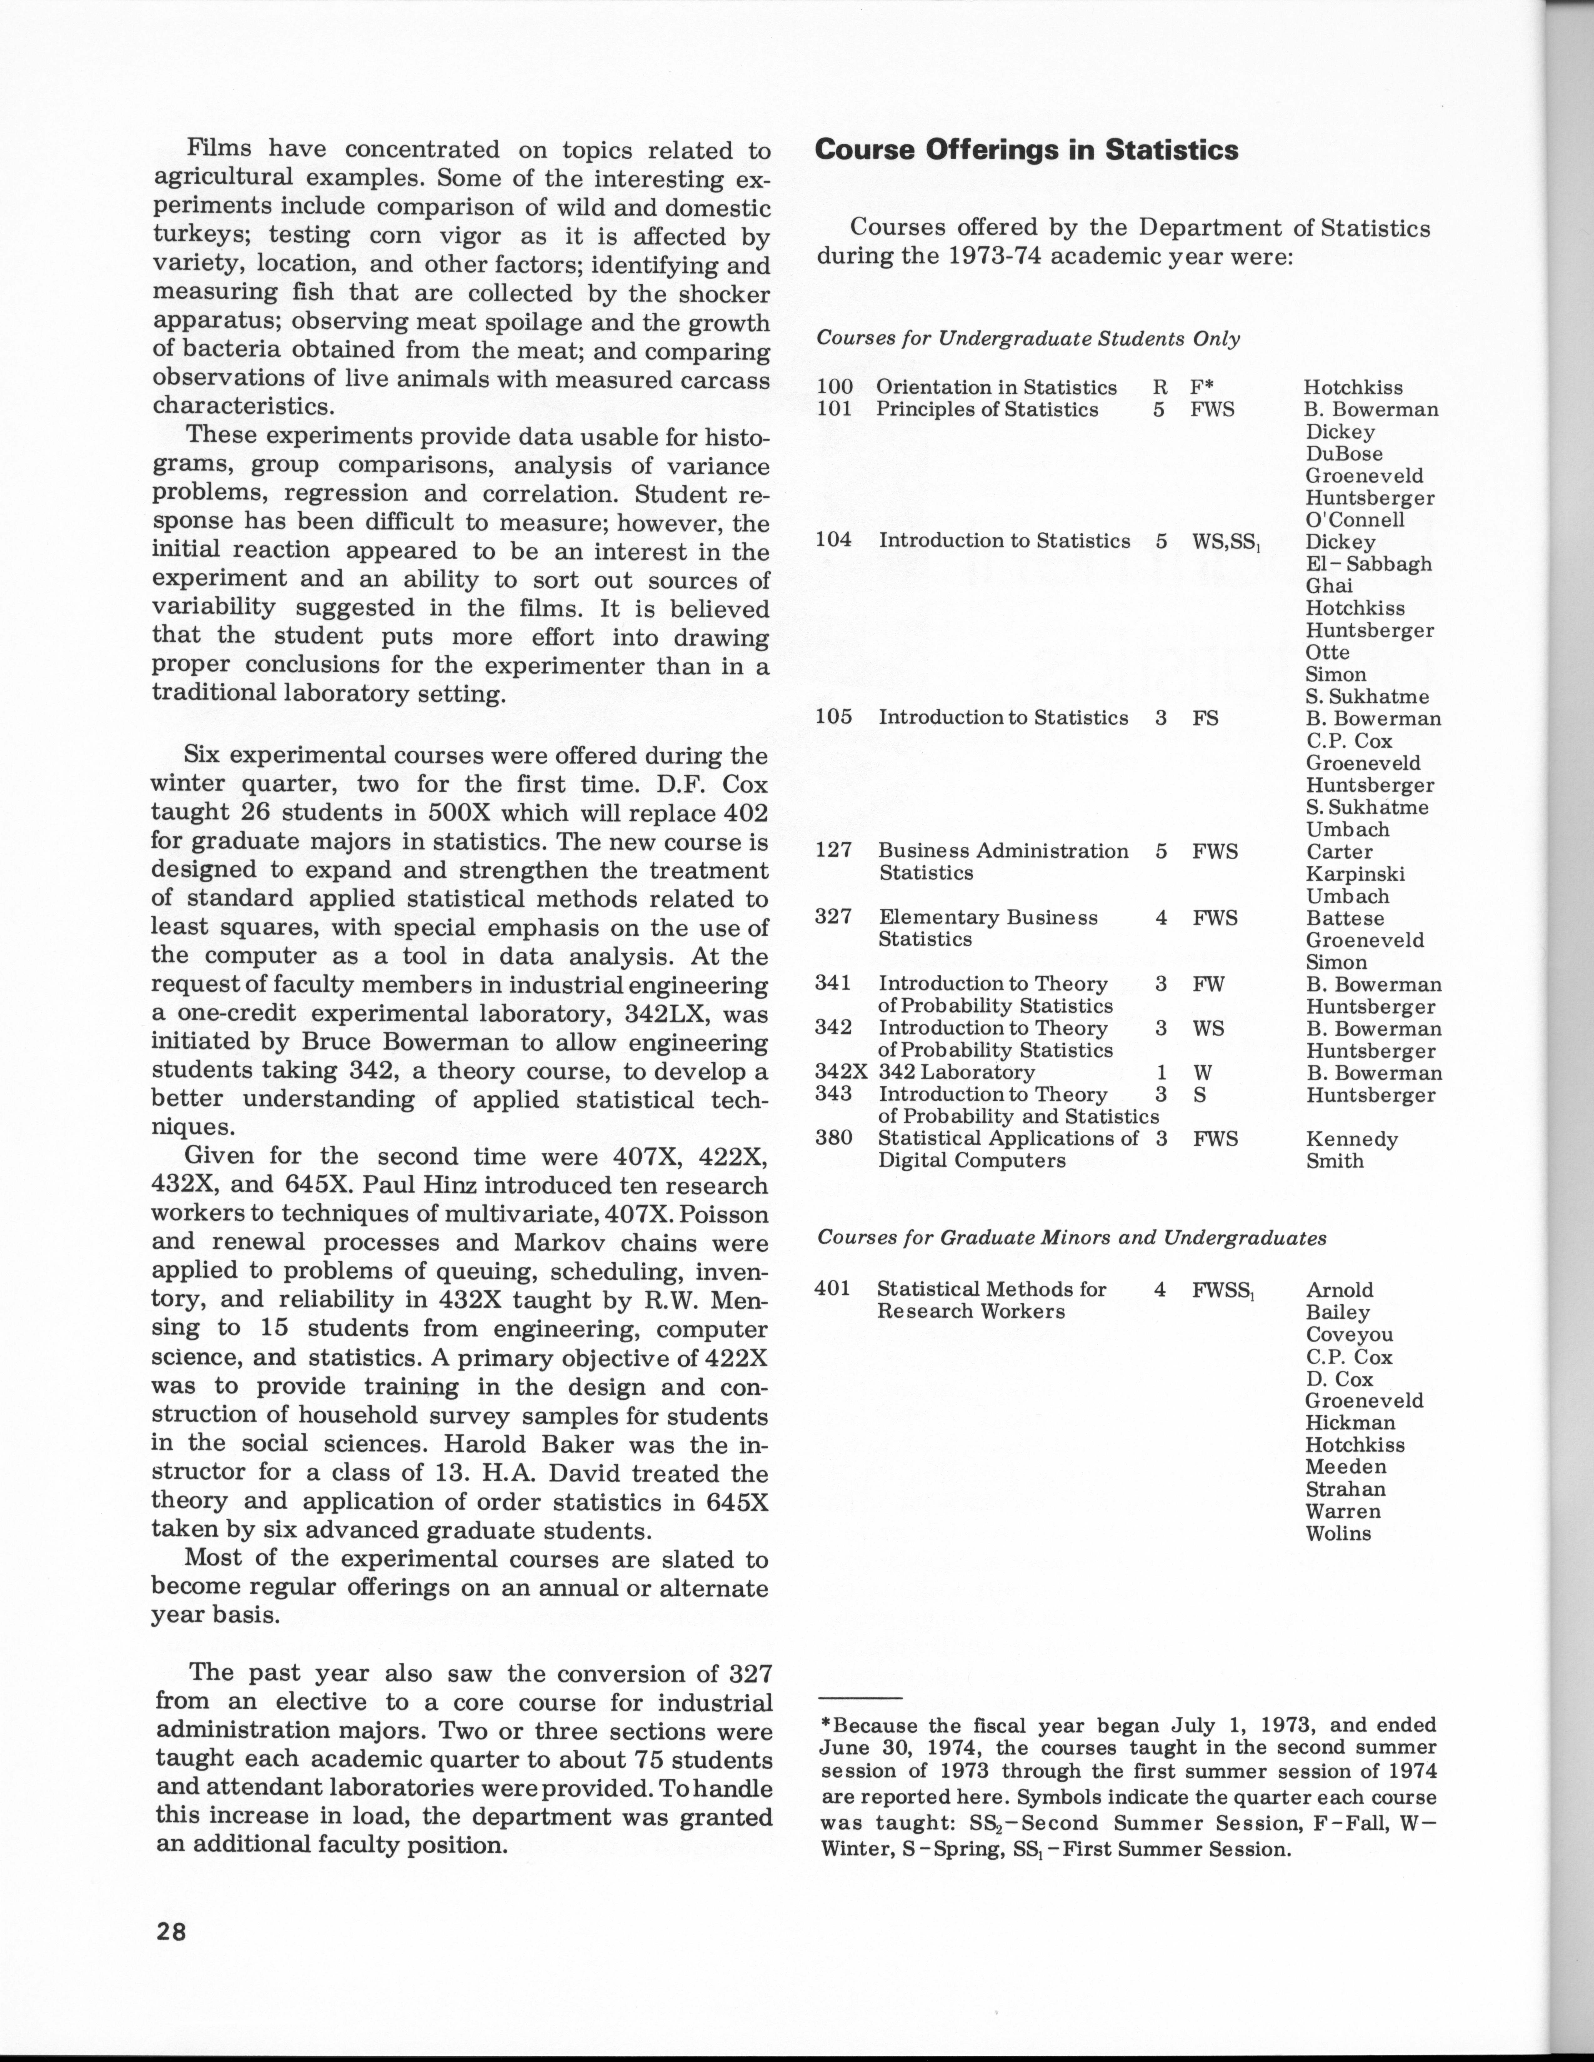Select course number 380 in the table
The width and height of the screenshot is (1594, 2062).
(x=833, y=1139)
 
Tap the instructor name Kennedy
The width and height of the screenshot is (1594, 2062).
(x=1351, y=1140)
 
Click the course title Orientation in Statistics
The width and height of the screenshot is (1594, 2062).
(x=996, y=387)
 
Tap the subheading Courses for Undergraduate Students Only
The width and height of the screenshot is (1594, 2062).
(x=1027, y=339)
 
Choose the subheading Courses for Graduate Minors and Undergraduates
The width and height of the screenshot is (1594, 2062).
(x=1071, y=1237)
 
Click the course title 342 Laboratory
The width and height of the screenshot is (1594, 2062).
(x=956, y=1073)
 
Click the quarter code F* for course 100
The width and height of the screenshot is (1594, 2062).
(x=1201, y=387)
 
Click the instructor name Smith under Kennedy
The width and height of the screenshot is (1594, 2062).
(x=1334, y=1161)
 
